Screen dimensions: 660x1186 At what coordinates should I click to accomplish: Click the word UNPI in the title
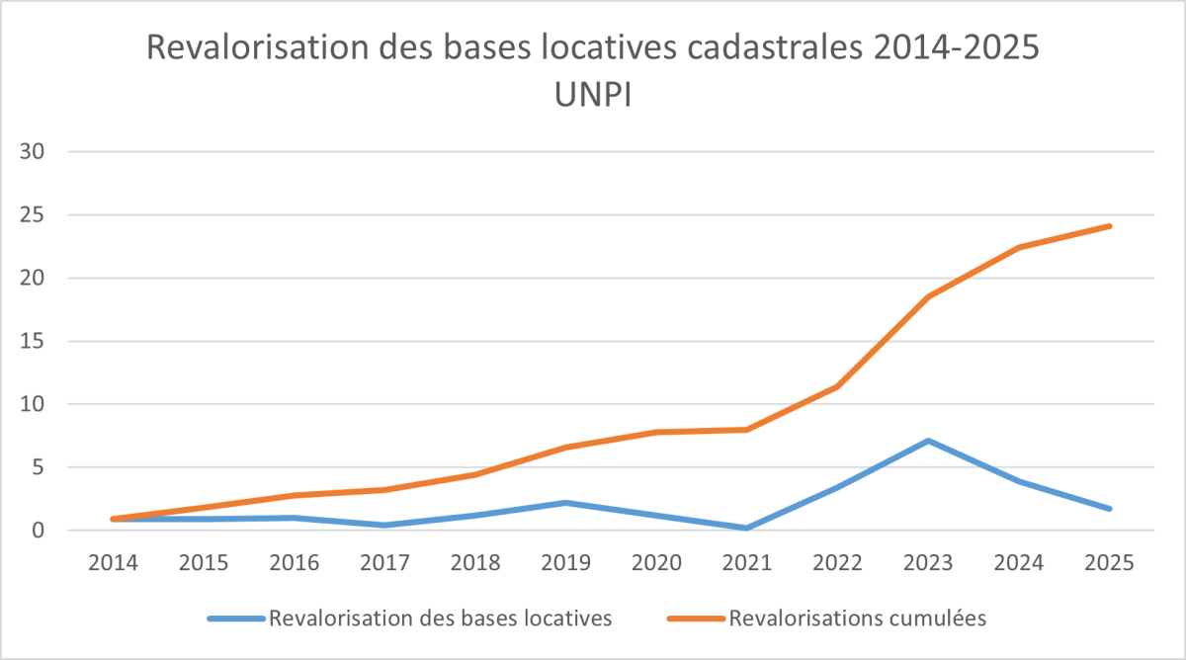593,97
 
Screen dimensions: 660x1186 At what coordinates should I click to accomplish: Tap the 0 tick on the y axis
41,531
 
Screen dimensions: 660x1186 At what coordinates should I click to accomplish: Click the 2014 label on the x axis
114,562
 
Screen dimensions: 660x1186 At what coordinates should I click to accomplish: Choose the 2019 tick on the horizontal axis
566,562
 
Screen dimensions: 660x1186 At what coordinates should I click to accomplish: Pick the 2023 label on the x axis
928,562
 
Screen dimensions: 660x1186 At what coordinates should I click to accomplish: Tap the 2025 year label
1110,562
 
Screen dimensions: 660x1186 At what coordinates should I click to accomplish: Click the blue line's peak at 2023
928,441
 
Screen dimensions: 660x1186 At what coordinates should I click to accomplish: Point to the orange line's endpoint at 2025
1110,226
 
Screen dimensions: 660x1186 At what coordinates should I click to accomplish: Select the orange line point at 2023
928,297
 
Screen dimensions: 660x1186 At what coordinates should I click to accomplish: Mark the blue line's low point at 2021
747,529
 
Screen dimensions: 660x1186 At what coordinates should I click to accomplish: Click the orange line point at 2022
838,386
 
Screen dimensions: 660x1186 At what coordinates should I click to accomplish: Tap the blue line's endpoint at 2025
1110,509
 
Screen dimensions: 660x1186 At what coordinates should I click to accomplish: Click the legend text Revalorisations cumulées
858,619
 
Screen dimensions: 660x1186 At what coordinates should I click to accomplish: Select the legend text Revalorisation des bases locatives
441,619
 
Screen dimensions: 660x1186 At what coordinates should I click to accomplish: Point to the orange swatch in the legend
696,619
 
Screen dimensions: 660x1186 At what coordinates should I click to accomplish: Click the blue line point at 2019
566,503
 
